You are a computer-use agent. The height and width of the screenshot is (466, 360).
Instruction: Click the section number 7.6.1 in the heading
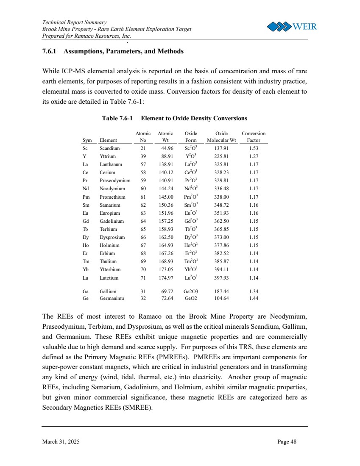click(x=51, y=51)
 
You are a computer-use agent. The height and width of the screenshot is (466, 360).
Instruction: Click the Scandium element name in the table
click(x=109, y=148)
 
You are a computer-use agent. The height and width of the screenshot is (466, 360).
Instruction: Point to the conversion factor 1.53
click(x=254, y=148)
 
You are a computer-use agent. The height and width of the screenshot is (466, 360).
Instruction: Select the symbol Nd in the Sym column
click(x=86, y=189)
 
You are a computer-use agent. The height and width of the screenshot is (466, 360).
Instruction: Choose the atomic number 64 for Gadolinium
click(x=143, y=221)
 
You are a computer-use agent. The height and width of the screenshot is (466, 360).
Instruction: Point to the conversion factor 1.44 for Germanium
click(x=254, y=298)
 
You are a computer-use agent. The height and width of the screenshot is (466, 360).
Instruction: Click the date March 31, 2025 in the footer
click(x=61, y=442)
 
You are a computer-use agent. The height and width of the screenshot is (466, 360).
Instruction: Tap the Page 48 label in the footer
click(x=287, y=442)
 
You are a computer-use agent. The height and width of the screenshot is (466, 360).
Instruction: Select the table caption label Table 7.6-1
click(x=119, y=118)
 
